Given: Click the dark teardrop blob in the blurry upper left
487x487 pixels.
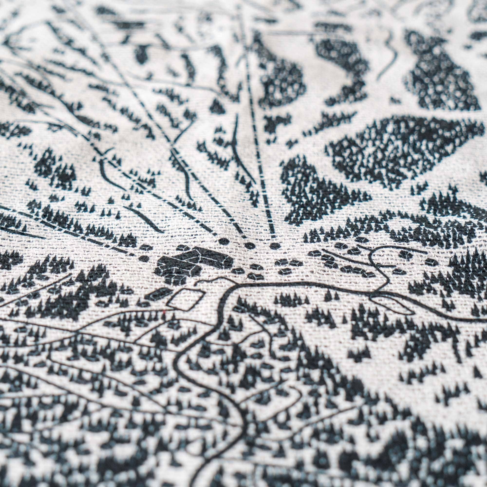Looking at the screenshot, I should click(141, 54).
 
